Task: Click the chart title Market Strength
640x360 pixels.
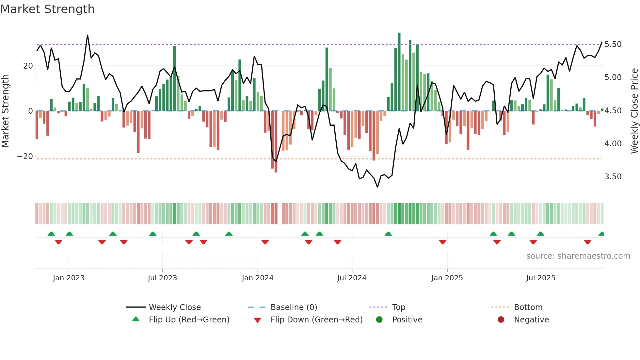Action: (47, 9)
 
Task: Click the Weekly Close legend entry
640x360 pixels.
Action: (174, 307)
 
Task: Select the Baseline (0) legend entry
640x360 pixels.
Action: (294, 307)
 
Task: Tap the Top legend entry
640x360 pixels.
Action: (398, 307)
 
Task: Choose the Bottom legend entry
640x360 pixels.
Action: (528, 307)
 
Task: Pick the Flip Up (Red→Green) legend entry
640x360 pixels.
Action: (189, 319)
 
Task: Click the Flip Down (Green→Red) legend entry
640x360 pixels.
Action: (316, 319)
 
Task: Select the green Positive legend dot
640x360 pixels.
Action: (379, 319)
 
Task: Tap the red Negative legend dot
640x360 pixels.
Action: (501, 319)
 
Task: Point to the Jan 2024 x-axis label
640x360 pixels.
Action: (258, 278)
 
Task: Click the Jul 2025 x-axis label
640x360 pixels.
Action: (541, 278)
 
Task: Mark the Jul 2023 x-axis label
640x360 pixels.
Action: (162, 278)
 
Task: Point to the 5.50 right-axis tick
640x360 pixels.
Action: (613, 44)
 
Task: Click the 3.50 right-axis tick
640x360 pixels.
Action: (613, 177)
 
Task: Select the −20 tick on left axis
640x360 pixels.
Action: (25, 156)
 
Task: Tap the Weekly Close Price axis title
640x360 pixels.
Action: (634, 111)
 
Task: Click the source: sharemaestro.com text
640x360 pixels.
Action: (578, 256)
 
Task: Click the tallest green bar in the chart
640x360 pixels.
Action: (399, 72)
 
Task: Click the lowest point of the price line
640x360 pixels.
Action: (377, 187)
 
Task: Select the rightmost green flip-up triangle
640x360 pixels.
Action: (601, 234)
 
